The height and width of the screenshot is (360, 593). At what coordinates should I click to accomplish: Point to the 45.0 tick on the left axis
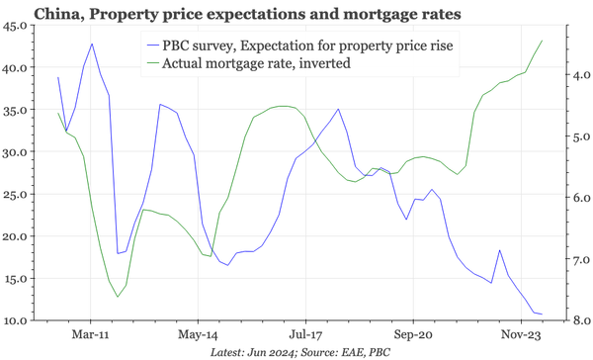[15, 27]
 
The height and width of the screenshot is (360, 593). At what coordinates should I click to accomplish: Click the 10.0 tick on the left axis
[15, 320]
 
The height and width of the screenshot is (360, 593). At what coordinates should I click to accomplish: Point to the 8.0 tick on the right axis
[575, 320]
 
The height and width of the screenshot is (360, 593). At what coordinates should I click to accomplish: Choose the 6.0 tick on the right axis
[575, 198]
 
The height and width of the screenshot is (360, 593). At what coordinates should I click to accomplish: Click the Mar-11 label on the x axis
[91, 335]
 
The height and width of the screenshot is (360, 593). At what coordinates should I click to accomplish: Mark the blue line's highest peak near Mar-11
[92, 44]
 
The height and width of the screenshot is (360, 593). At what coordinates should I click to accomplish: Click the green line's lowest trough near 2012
[118, 297]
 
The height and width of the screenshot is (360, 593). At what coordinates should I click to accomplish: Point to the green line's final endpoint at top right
[543, 41]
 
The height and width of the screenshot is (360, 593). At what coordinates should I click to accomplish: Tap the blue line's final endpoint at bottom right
[543, 315]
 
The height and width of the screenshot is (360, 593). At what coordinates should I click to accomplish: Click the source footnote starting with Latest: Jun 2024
[300, 351]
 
